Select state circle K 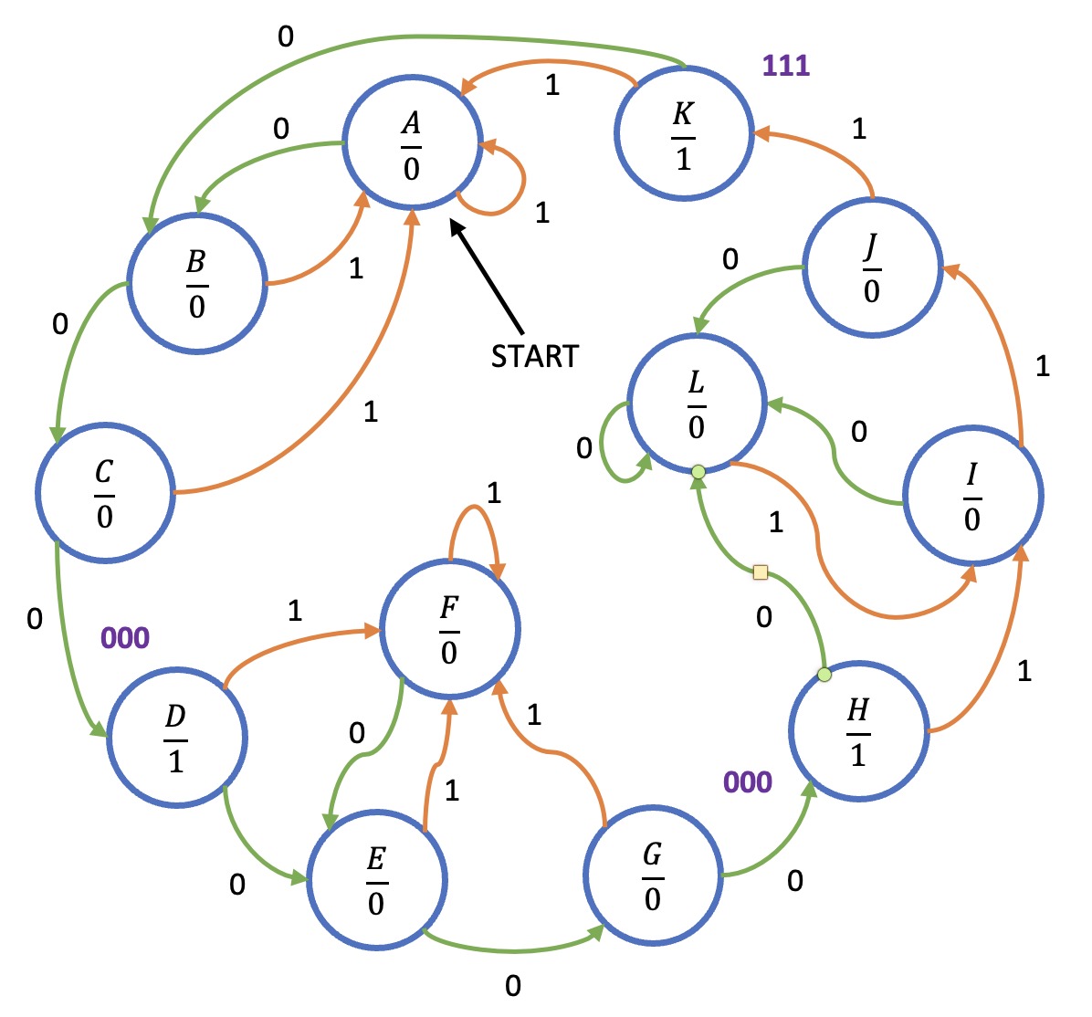click(x=684, y=134)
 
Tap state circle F click(x=449, y=629)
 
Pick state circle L click(x=697, y=403)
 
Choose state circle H click(x=858, y=731)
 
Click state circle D click(x=176, y=737)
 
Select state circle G click(x=653, y=875)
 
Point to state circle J click(x=872, y=267)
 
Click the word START click(x=535, y=356)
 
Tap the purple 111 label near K click(x=786, y=66)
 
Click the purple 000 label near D click(x=124, y=638)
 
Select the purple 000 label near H click(x=748, y=782)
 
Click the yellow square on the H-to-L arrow click(x=760, y=572)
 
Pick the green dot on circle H click(x=824, y=675)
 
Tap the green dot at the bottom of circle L click(x=698, y=472)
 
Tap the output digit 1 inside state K click(x=684, y=160)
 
